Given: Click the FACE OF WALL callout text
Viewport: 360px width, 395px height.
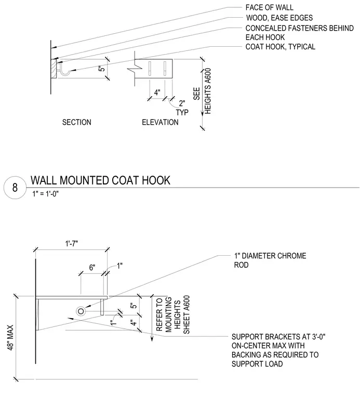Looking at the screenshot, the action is [x=270, y=8].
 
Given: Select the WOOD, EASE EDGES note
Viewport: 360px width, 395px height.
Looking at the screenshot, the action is [x=279, y=18].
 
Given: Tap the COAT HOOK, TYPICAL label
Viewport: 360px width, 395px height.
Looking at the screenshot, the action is [x=281, y=47].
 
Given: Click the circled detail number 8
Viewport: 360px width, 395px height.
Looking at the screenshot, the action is [x=15, y=188].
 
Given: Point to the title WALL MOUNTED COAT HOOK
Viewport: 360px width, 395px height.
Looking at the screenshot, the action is [x=100, y=180].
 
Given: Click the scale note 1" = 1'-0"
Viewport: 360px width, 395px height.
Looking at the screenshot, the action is [x=46, y=194].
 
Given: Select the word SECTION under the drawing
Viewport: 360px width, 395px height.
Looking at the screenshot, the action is [x=77, y=123].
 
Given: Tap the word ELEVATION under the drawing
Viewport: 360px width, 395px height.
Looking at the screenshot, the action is [x=160, y=123].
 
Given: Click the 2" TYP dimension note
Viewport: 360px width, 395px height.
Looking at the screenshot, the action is [x=182, y=108].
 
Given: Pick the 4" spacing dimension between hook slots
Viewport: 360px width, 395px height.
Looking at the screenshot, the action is [x=157, y=93].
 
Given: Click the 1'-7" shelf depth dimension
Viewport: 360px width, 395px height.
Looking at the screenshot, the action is [x=72, y=244].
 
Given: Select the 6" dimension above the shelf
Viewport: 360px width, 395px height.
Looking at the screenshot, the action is [x=92, y=268].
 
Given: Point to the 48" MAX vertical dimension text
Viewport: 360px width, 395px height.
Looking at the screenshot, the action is [x=10, y=337].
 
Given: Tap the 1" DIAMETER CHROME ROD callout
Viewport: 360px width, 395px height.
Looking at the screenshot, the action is [x=270, y=260].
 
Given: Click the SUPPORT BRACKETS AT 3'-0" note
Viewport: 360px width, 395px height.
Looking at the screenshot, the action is [x=278, y=350].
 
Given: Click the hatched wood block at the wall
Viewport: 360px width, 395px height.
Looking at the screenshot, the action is [x=54, y=69].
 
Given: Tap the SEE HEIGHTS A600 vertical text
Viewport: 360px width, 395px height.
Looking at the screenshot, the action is [x=202, y=91].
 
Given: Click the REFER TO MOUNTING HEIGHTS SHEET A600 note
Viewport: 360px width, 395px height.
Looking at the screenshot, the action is [x=173, y=315].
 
